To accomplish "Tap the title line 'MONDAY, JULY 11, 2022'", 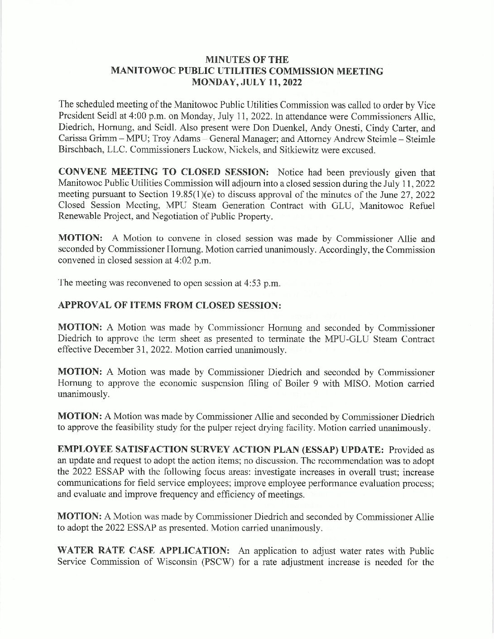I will click(x=247, y=82).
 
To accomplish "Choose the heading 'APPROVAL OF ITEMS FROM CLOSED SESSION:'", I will click(x=170, y=306).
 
